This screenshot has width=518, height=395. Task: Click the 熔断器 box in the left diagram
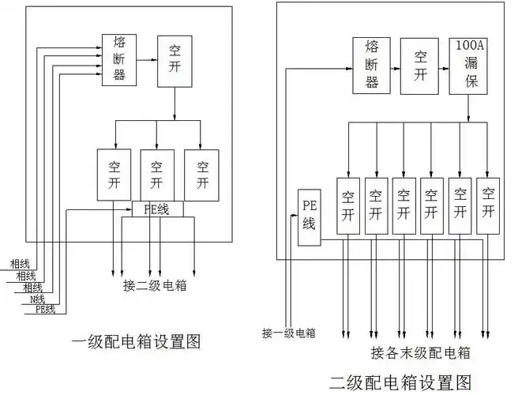tap(118, 59)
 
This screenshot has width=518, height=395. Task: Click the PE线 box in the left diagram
tap(157, 209)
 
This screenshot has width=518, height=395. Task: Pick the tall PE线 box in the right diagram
tap(310, 217)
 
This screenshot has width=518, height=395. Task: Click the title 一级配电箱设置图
tap(136, 342)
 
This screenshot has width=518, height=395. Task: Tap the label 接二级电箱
tap(155, 286)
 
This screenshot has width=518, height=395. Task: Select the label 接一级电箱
tap(289, 333)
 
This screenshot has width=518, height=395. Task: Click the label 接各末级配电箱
tap(420, 352)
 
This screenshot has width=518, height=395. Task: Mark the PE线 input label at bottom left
tap(45, 310)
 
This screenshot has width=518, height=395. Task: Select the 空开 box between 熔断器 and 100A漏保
tap(420, 66)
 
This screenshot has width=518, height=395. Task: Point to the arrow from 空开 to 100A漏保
tap(443, 66)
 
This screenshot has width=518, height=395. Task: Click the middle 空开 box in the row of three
tap(157, 175)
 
